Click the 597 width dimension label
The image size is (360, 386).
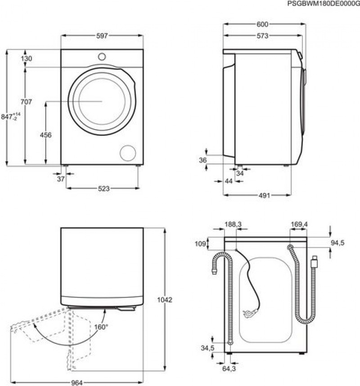click(x=102, y=36)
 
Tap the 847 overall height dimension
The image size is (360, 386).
click(x=11, y=116)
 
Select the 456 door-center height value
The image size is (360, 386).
click(x=46, y=135)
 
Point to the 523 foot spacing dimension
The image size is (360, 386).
click(x=103, y=189)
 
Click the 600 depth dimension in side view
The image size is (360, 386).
click(x=262, y=24)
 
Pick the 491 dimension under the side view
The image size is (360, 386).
click(x=264, y=195)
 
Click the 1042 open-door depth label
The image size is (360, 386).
click(x=165, y=300)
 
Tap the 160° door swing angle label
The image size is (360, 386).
click(x=101, y=327)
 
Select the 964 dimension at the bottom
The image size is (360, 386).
click(x=77, y=383)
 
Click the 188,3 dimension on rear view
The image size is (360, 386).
click(x=233, y=224)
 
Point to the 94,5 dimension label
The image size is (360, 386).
click(x=337, y=243)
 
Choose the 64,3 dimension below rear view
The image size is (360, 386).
click(x=229, y=369)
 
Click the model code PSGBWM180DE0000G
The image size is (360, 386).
click(x=324, y=4)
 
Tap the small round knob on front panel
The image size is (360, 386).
click(x=102, y=57)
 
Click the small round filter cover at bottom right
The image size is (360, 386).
click(x=128, y=153)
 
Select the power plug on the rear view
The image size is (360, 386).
click(x=250, y=313)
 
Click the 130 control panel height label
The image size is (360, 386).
click(x=27, y=58)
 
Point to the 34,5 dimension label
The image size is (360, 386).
click(x=207, y=348)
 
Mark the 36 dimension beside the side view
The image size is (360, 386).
click(x=202, y=160)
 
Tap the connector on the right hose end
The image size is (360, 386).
click(x=315, y=262)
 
